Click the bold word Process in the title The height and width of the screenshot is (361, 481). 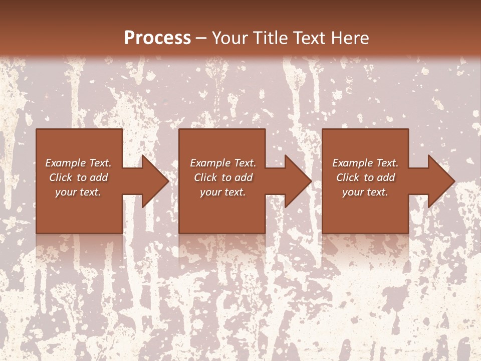[157, 38]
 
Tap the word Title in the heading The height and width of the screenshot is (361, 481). [270, 38]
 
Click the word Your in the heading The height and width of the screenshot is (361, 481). [230, 38]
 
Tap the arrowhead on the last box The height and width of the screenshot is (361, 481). [440, 181]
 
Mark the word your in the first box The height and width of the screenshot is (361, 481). [66, 192]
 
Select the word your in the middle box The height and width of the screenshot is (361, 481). [210, 192]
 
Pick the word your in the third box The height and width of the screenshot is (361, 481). [353, 192]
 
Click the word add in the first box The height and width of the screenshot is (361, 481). [99, 177]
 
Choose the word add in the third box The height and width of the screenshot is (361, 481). [386, 177]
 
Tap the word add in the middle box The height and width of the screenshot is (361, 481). [244, 177]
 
